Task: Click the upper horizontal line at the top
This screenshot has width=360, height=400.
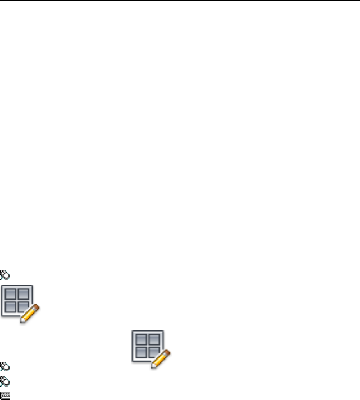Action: pos(180,1)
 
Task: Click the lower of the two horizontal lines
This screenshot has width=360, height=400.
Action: pos(180,31)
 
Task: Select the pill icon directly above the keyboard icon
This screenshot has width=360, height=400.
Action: pos(4,381)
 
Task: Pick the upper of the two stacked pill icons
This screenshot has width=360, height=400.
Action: pos(4,367)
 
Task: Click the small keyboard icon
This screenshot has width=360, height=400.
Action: pos(5,395)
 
